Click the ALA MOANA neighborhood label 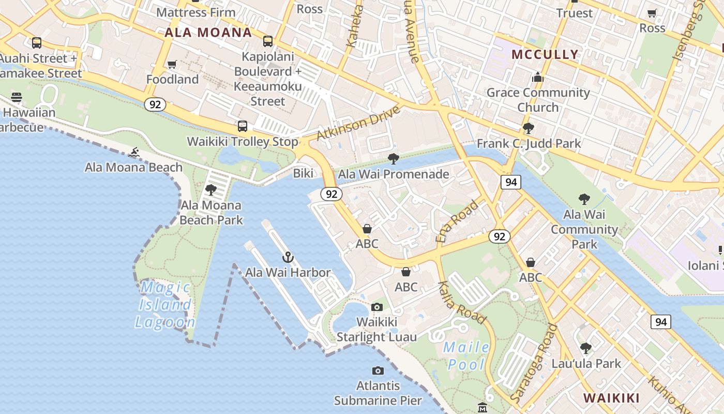point(208,33)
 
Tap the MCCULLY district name point(545,54)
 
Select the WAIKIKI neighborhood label point(611,398)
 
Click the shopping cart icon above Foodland point(172,65)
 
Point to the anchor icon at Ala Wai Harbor point(288,257)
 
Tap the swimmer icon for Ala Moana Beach point(134,152)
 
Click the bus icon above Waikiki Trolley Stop point(242,126)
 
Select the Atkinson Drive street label point(358,123)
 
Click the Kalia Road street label point(462,303)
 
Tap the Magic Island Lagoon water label point(165,304)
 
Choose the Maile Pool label point(466,356)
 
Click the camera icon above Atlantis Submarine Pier point(378,371)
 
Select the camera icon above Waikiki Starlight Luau point(377,307)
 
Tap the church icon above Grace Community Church point(538,78)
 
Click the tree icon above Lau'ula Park point(585,348)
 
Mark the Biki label point(303,173)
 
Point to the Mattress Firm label point(195,12)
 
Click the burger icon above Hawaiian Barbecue point(17,97)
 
